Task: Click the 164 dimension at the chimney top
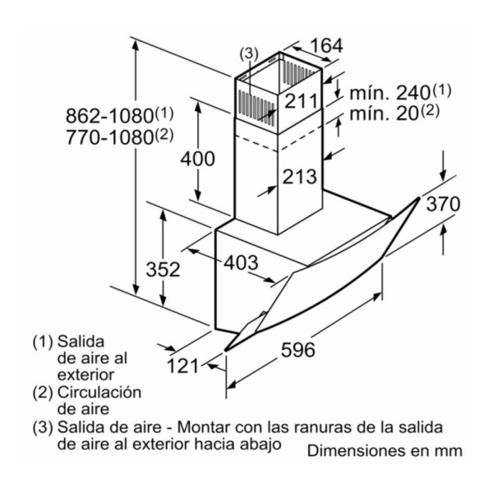coord(326,46)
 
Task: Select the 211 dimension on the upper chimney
coord(301,101)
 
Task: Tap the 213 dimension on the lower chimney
coord(299,177)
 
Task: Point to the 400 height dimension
coord(198,158)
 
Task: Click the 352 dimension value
coord(164,270)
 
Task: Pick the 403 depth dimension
coord(241,262)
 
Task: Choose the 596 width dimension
coord(297,349)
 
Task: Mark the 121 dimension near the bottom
coord(182,366)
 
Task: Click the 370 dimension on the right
coord(443,204)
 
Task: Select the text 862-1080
coord(109,116)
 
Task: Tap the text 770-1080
coord(109,137)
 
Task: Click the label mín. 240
coord(389,93)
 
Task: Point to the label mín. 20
coord(383,113)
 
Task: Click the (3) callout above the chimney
coord(249,53)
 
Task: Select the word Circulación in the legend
coord(99,393)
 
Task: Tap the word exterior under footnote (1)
coord(85,375)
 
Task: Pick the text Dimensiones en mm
coord(385,450)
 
